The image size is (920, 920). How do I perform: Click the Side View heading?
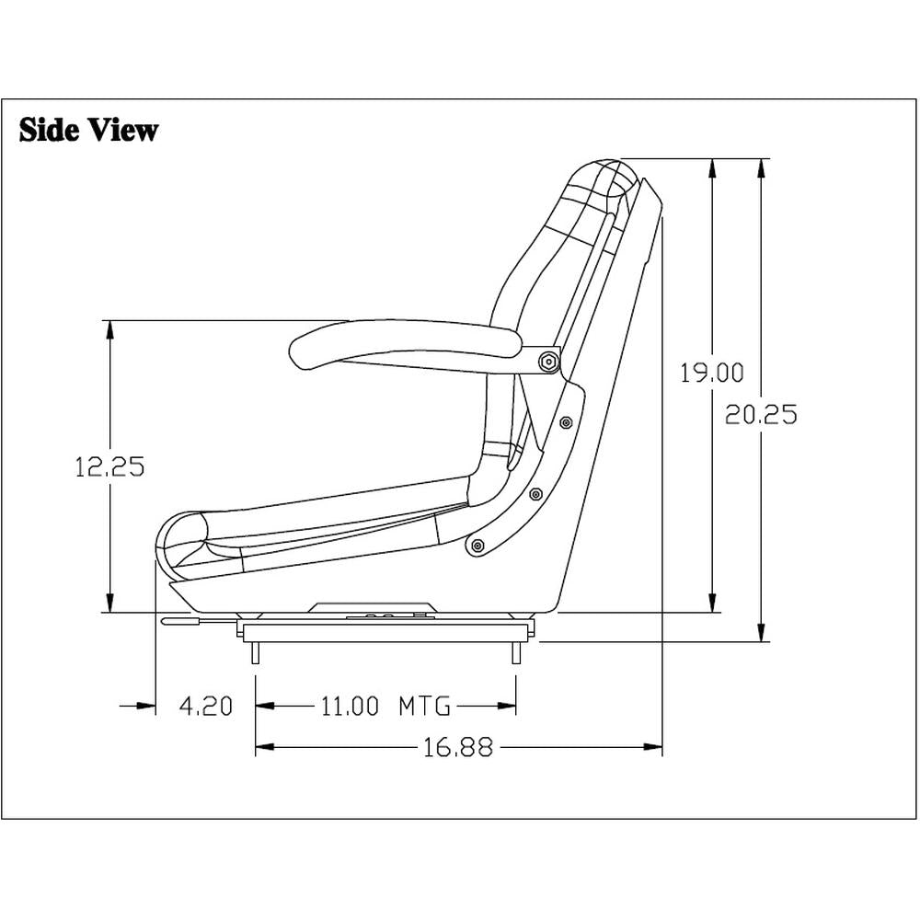click(88, 130)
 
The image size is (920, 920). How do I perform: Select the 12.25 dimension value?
click(109, 466)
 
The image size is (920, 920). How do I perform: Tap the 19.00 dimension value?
click(711, 373)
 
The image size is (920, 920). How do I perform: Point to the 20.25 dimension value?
click(760, 414)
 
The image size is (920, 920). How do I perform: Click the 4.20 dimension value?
click(205, 707)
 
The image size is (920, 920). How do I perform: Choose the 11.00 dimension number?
click(349, 707)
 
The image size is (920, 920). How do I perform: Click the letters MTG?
click(424, 707)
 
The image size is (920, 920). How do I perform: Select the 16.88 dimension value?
click(458, 748)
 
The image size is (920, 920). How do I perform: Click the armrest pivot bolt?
click(549, 362)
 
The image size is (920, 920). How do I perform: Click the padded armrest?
click(405, 339)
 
